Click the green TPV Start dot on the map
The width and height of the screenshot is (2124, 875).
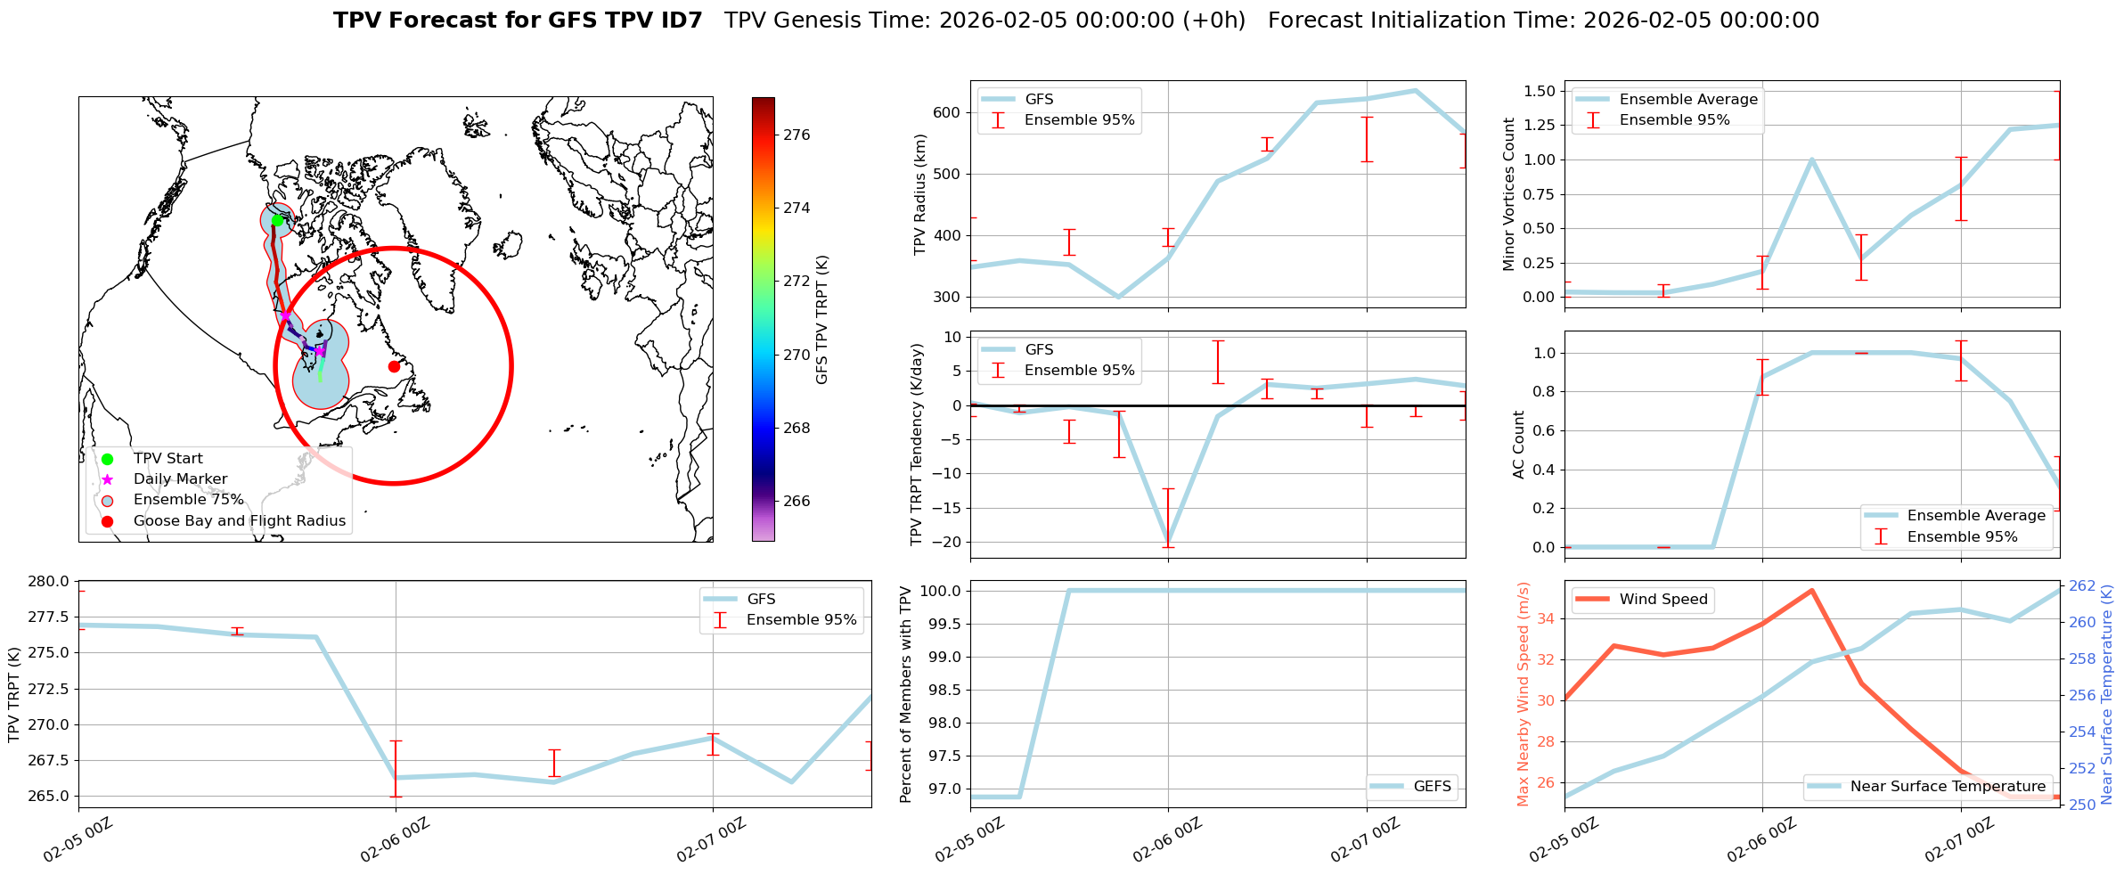tap(277, 220)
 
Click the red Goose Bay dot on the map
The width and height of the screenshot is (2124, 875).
tap(394, 366)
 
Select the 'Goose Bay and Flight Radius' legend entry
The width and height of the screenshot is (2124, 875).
tap(239, 521)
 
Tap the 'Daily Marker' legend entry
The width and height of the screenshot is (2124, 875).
tap(180, 479)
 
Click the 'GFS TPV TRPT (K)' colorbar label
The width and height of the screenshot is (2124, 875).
tap(821, 320)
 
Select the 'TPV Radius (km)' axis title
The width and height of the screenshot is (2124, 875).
tap(920, 194)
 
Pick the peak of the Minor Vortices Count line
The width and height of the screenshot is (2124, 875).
tap(1811, 159)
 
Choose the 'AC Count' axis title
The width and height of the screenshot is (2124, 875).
tap(1519, 445)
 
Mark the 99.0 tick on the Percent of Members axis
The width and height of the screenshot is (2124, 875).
tap(944, 657)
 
